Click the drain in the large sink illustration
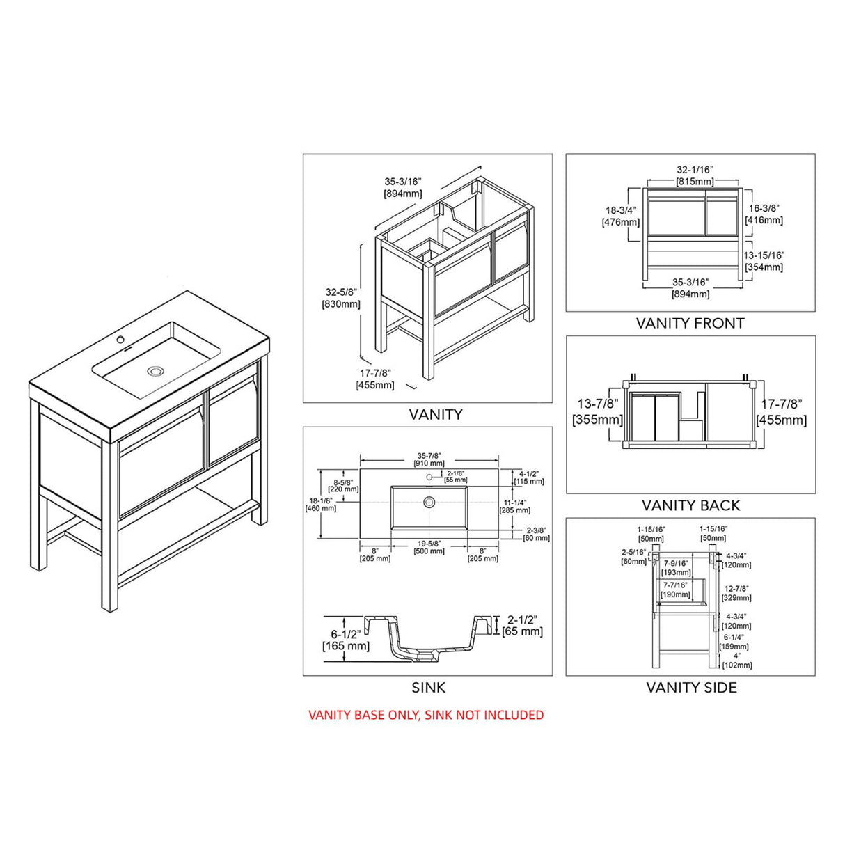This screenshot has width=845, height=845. (154, 371)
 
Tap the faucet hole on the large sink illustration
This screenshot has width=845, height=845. (120, 340)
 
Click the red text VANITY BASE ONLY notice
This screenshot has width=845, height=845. (426, 715)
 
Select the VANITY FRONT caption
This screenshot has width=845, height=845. (690, 323)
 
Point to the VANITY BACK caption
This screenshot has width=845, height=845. (690, 505)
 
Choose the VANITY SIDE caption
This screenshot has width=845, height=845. (690, 688)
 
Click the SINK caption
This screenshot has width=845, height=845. (428, 688)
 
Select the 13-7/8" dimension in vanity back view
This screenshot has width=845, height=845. (598, 404)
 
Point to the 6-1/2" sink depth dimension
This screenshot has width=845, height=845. (346, 634)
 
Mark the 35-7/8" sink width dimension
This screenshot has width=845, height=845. (429, 455)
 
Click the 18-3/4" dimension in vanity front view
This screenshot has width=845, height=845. (620, 210)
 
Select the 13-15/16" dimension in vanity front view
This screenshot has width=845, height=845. (764, 255)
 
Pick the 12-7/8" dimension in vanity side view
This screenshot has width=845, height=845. (736, 589)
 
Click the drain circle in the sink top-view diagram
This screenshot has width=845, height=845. (429, 502)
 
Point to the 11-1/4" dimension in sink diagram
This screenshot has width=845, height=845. (514, 503)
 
